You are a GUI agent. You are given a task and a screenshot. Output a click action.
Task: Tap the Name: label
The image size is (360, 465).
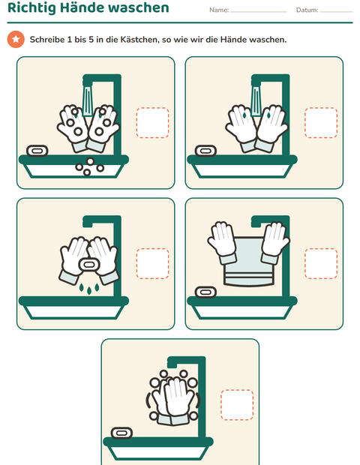(219, 10)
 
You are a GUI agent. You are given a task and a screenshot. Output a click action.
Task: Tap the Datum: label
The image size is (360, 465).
(307, 10)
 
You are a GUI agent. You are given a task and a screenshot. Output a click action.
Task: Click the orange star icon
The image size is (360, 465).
(16, 39)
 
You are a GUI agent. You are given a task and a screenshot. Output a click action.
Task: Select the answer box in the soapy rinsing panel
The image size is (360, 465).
(153, 122)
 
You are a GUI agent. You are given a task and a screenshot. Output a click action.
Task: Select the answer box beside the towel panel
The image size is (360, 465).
(321, 264)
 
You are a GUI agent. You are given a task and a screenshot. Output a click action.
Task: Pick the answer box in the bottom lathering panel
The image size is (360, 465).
(237, 405)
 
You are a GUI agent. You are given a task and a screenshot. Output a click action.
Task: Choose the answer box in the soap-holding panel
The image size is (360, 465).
(153, 264)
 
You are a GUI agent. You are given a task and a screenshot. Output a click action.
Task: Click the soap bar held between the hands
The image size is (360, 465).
(89, 265)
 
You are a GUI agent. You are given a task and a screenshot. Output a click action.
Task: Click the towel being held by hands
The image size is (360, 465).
(249, 262)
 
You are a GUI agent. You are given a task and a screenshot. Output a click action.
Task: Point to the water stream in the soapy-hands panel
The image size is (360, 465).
(88, 101)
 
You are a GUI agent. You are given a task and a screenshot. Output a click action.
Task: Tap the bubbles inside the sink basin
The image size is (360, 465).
(89, 166)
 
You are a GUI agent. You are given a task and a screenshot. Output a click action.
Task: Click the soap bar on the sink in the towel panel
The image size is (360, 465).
(205, 292)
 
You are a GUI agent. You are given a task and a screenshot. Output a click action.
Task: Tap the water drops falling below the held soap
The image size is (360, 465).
(89, 289)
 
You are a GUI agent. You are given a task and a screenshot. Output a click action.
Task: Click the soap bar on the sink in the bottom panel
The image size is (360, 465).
(121, 433)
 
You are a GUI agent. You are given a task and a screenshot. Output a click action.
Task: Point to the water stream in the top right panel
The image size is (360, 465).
(256, 101)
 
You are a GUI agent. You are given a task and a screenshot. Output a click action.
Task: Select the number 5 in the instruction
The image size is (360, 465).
(91, 40)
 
